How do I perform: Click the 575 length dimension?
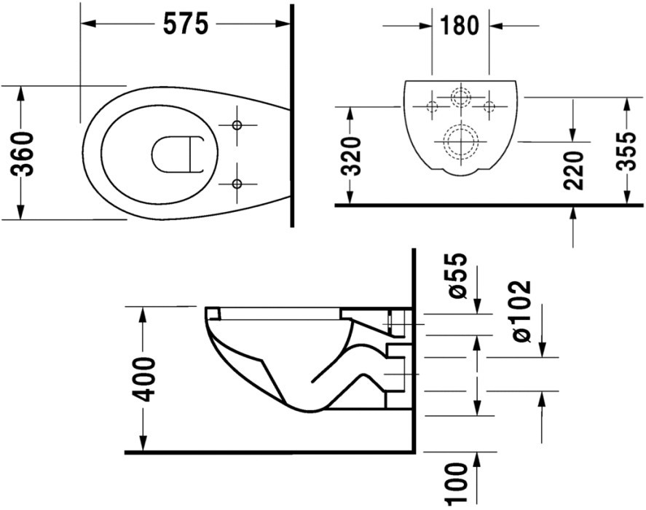186,24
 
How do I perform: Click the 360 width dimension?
22,154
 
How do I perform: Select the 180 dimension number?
460,25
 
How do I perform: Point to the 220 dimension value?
573,170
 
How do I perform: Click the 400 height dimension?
143,380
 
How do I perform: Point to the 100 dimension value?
457,483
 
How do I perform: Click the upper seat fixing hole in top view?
237,125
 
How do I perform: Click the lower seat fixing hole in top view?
237,184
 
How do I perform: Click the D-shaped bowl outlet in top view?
153,154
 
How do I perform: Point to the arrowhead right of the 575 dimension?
283,24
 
